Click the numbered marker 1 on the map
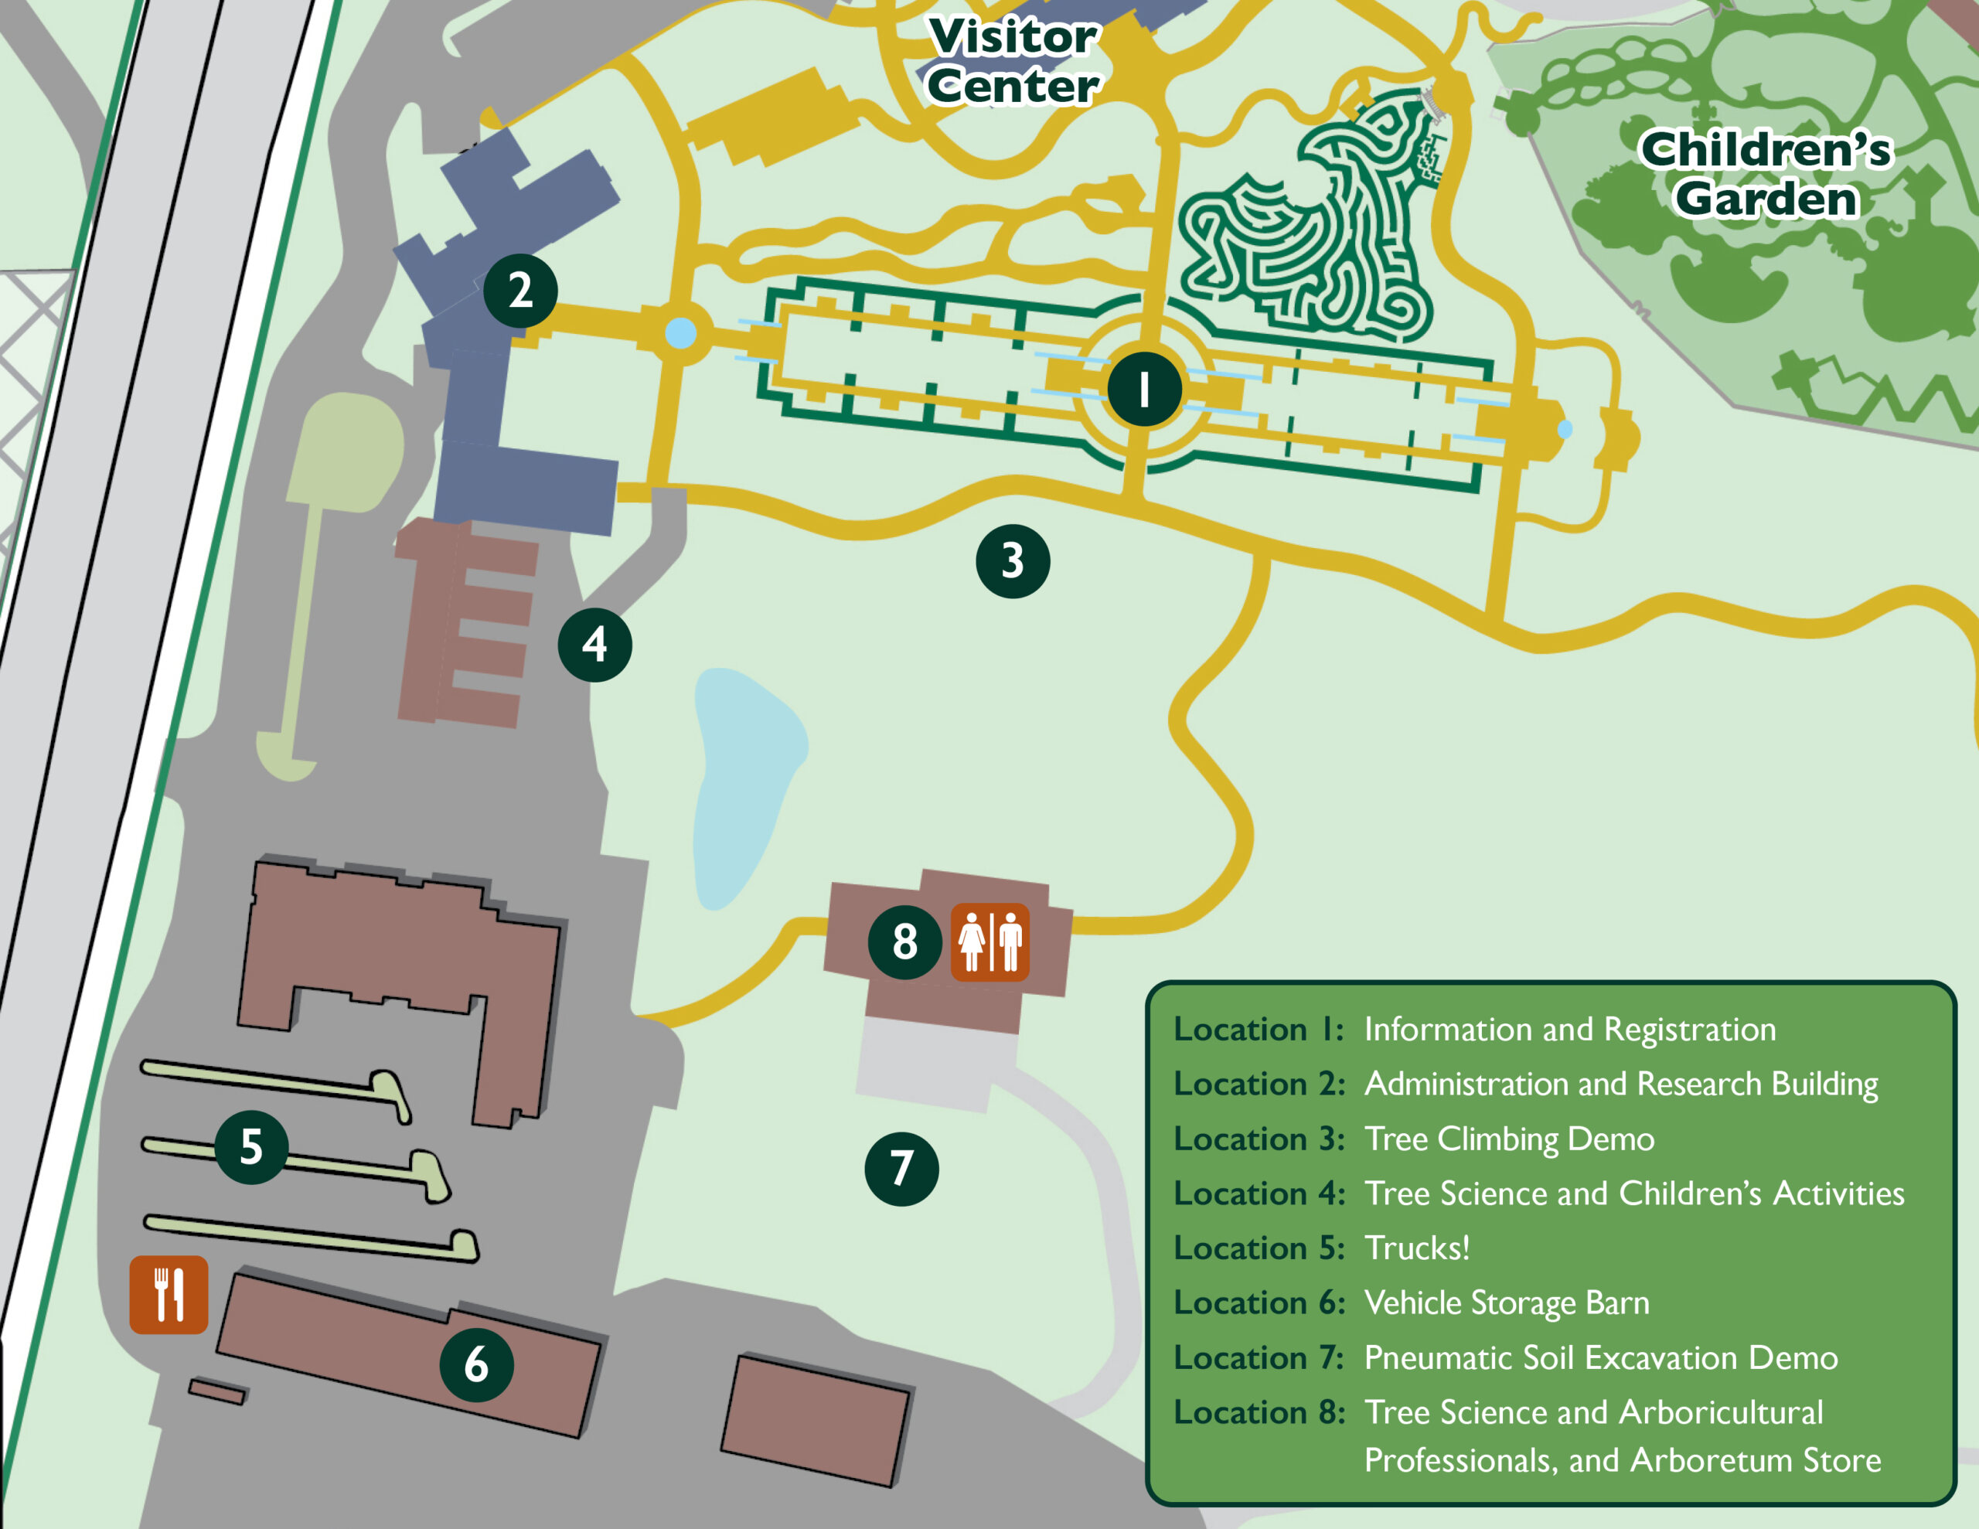point(1144,390)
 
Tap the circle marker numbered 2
point(520,291)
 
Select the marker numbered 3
point(1013,561)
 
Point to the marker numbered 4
point(594,645)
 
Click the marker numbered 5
point(252,1147)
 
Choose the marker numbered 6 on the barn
point(477,1365)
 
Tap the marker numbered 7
point(901,1168)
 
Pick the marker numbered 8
point(905,942)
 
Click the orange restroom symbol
point(989,942)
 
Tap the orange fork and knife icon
point(169,1294)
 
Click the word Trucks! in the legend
point(1417,1248)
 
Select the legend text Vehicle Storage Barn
point(1506,1303)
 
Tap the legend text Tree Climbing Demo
point(1509,1139)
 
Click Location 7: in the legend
point(1259,1357)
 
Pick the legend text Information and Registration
point(1569,1029)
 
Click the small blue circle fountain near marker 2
point(680,332)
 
